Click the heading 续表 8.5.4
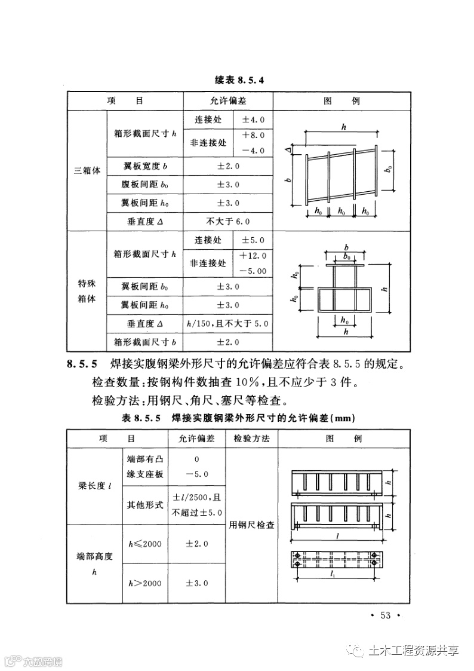238,79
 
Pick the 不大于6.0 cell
227,221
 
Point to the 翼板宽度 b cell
144,165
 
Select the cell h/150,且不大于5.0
227,323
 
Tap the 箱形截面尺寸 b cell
144,342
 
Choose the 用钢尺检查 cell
251,525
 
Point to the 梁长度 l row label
94,486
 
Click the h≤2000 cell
144,544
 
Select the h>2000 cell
144,583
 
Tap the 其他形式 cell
144,505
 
